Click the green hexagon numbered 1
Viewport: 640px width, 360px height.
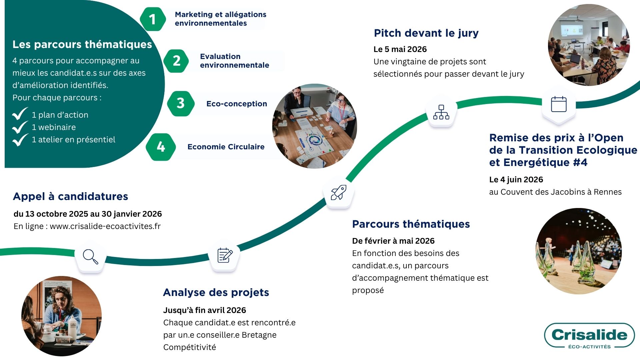(153, 19)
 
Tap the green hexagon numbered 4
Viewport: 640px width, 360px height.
(161, 147)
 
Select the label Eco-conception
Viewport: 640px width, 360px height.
(236, 104)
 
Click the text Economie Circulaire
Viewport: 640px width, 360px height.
(226, 147)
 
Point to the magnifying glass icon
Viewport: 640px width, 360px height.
(90, 257)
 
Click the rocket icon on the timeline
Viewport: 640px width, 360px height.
(338, 193)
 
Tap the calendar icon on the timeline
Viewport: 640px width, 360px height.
(559, 104)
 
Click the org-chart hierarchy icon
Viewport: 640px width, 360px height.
(441, 112)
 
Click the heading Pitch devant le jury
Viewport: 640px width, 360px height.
(426, 33)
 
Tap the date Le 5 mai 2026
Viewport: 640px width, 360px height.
(400, 49)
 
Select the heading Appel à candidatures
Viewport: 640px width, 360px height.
(70, 196)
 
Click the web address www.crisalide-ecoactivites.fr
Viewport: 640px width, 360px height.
(105, 226)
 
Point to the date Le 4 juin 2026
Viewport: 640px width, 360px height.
(516, 180)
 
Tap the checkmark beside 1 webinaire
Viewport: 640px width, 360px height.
(20, 127)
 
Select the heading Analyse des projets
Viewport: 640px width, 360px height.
(216, 292)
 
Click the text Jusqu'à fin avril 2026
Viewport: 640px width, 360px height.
(204, 310)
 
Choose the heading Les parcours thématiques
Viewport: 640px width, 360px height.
(82, 44)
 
